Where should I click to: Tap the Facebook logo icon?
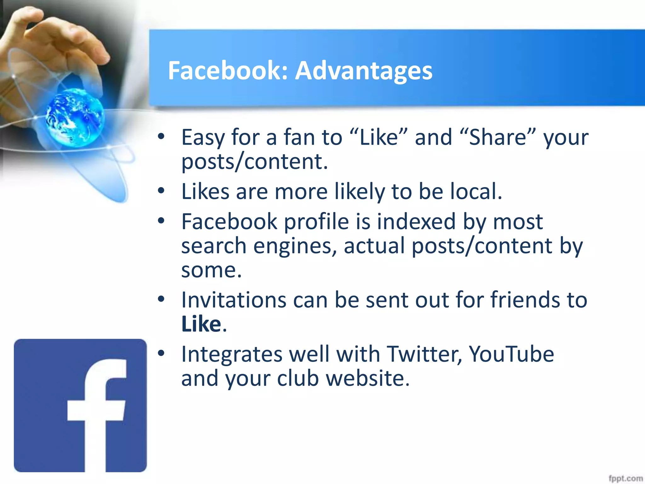(x=80, y=405)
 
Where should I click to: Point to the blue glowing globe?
(x=74, y=117)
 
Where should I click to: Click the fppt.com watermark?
(x=625, y=478)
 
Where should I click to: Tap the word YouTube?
(x=511, y=354)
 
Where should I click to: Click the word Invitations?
(x=234, y=300)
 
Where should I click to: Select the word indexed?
(x=416, y=222)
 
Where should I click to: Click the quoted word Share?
(x=498, y=137)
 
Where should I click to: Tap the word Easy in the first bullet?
(x=203, y=138)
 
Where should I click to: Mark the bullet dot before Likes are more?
(x=161, y=191)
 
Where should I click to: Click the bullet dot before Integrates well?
(x=161, y=353)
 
